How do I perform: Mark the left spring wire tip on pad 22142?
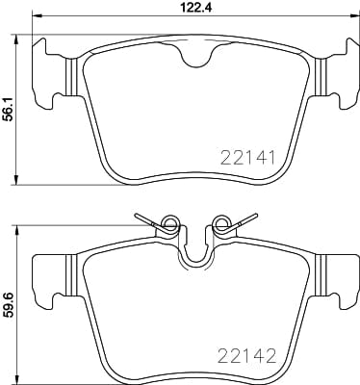137,215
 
